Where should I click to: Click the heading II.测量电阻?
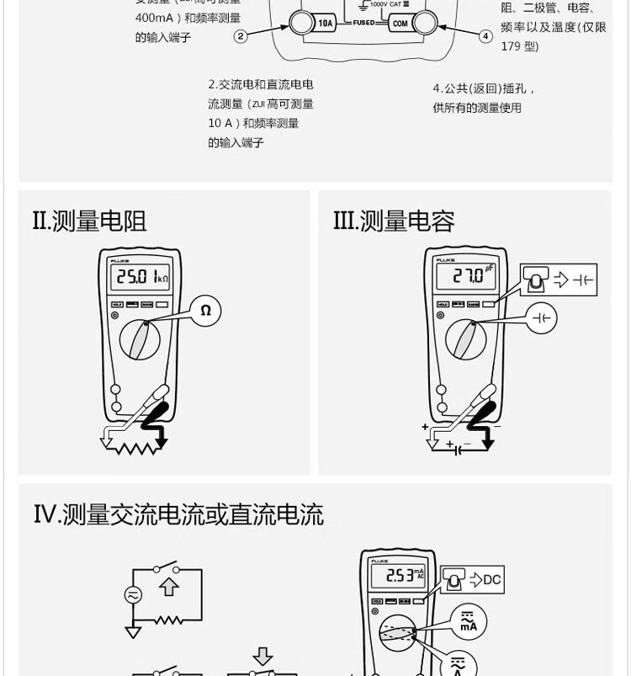click(x=89, y=221)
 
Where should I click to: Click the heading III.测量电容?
click(x=393, y=221)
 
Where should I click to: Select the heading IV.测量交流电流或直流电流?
click(x=178, y=514)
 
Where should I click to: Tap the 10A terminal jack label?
click(x=326, y=24)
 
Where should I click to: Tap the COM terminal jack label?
click(x=400, y=24)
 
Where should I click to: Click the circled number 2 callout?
click(x=241, y=36)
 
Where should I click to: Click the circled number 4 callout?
click(x=485, y=36)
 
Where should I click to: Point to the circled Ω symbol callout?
click(x=205, y=311)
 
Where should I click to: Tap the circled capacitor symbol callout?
click(x=543, y=317)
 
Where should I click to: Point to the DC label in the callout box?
click(x=491, y=579)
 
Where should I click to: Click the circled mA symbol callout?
click(x=468, y=623)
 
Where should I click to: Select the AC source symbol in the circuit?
click(x=133, y=594)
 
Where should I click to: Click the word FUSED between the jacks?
click(x=363, y=23)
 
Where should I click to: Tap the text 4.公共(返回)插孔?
click(x=484, y=88)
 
